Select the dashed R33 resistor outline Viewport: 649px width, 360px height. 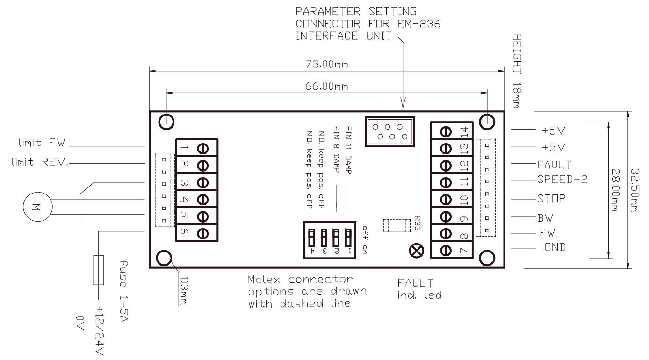pyautogui.click(x=393, y=225)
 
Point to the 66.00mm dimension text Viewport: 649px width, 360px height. pyautogui.click(x=328, y=86)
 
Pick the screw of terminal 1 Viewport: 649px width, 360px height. pyautogui.click(x=203, y=148)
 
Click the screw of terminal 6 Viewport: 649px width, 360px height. pyautogui.click(x=203, y=233)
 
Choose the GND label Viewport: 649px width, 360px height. pyautogui.click(x=555, y=247)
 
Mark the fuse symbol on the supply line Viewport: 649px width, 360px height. pyautogui.click(x=99, y=270)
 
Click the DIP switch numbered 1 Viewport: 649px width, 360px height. pyautogui.click(x=348, y=239)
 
